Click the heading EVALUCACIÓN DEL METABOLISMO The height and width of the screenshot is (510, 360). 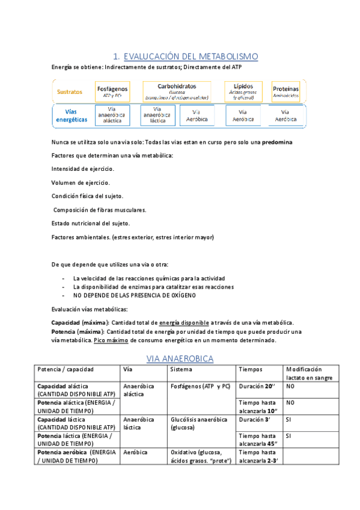[x=191, y=57]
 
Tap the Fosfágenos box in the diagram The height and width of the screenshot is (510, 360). [x=112, y=91]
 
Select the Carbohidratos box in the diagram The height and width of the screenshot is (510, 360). [x=177, y=91]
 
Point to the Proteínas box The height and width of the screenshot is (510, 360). [x=285, y=91]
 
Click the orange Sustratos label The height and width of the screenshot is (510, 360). [x=70, y=92]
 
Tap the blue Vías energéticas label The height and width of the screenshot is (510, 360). [x=70, y=115]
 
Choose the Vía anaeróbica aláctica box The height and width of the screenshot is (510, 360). [x=112, y=115]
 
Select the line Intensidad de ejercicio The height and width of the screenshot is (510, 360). [x=83, y=169]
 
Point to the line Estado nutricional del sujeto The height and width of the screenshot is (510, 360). [x=91, y=223]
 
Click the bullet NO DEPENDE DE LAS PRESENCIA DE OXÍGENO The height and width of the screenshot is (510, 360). [x=134, y=295]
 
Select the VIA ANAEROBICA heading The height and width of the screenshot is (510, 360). [x=180, y=358]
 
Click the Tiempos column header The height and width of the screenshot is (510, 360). [x=251, y=369]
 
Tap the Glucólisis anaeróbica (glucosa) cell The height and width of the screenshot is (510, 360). [x=198, y=423]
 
